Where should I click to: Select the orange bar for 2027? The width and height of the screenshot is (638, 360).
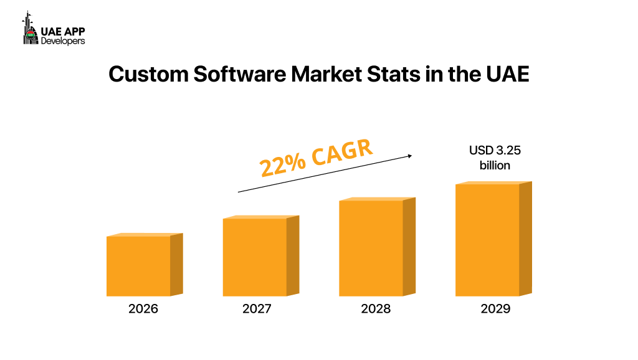[255, 257]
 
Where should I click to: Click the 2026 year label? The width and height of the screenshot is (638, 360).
[143, 309]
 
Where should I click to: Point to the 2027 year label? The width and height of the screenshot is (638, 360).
[257, 309]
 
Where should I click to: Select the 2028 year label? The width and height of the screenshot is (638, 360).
[376, 309]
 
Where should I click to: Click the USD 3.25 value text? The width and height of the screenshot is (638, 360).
[495, 150]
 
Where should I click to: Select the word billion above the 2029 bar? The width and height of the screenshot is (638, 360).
[495, 165]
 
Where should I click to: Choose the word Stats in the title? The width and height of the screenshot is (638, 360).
[409, 75]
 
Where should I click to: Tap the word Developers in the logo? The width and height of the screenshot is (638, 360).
[63, 40]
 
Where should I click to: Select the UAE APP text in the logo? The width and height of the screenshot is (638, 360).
[63, 31]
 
